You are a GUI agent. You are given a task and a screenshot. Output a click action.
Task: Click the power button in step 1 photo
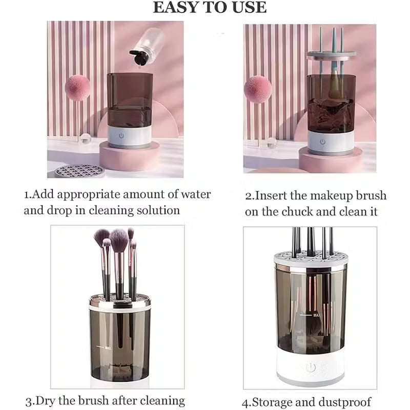click(121, 137)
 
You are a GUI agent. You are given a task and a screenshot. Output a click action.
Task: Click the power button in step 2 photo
click(323, 141)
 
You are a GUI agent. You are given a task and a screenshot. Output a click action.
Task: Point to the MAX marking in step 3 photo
click(108, 348)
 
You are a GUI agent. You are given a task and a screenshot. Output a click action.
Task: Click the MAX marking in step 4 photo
click(317, 315)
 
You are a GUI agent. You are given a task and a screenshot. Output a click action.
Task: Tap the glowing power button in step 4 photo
click(311, 367)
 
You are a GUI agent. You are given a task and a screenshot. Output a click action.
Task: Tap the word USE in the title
click(250, 8)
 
